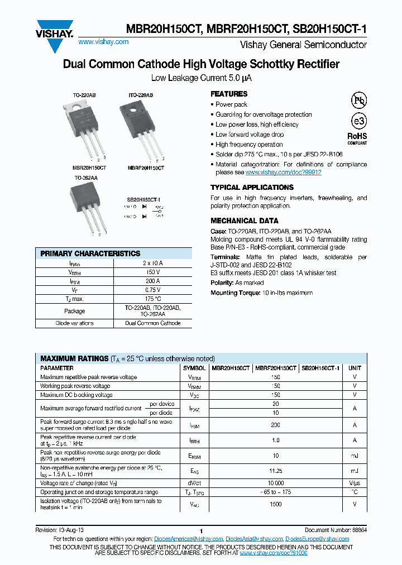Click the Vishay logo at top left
tap(55, 27)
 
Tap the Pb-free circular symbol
tap(358, 100)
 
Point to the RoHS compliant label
tap(357, 138)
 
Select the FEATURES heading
tap(229, 94)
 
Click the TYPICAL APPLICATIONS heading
tap(252, 188)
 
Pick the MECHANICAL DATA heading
tap(245, 221)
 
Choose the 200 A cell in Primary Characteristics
tap(152, 281)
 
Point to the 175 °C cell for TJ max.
tap(152, 299)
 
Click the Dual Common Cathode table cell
tap(152, 323)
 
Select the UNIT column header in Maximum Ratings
tap(355, 368)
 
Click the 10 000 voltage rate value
tap(275, 482)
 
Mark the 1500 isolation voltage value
tap(275, 504)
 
